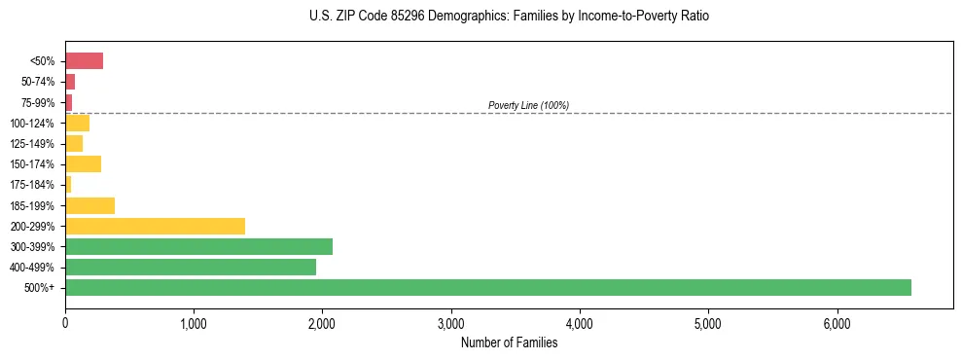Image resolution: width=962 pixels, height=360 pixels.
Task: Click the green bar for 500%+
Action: tap(487, 287)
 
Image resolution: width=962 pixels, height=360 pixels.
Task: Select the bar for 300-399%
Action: tap(198, 246)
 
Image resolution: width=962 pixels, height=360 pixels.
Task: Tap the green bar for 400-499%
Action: tap(191, 267)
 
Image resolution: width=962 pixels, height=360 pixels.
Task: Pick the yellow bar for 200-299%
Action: tap(155, 226)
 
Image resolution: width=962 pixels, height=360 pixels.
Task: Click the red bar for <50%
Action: tap(84, 61)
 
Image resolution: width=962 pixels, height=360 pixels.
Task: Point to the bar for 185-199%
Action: tap(89, 205)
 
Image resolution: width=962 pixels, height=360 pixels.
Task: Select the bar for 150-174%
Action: tap(83, 163)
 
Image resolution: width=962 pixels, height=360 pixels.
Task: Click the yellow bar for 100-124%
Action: tap(77, 123)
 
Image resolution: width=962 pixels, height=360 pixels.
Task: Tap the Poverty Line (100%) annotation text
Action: tap(528, 105)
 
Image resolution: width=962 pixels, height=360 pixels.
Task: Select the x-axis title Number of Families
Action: tap(509, 342)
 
